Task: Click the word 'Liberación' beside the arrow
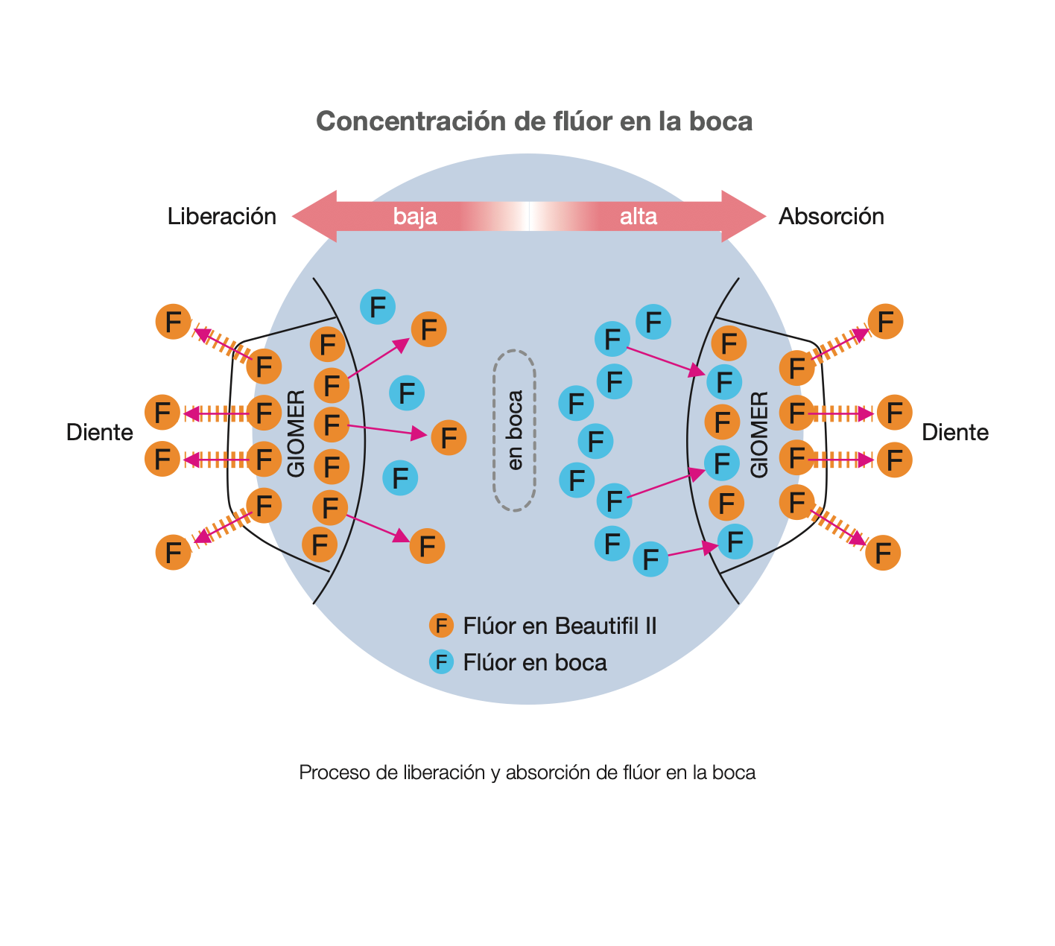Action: click(221, 217)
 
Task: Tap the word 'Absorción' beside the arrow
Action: click(831, 217)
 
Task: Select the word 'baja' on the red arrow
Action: click(415, 217)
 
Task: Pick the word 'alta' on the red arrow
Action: click(638, 217)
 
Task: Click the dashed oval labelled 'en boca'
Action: click(515, 431)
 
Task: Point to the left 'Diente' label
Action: click(99, 433)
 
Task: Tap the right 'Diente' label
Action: click(954, 433)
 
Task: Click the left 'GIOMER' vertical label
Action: click(296, 434)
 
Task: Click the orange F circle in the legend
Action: click(441, 626)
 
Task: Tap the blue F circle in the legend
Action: click(441, 662)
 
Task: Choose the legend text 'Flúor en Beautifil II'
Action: click(560, 626)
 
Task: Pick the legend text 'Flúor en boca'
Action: click(534, 662)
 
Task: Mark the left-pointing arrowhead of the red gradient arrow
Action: click(313, 217)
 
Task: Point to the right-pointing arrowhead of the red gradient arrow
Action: click(745, 217)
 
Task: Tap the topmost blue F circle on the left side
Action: click(377, 307)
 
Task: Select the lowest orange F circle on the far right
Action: click(883, 553)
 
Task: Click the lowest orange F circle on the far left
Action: click(173, 553)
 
